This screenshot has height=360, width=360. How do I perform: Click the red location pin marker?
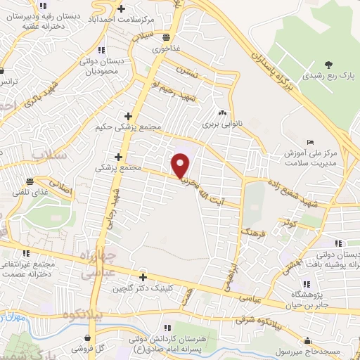181,166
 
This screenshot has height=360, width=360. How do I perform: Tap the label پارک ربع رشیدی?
326,73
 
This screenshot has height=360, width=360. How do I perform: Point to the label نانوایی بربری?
222,124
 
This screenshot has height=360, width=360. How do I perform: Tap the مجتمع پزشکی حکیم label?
129,128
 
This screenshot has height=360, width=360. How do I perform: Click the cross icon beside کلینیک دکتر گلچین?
143,277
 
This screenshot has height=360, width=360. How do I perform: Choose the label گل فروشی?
96,349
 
